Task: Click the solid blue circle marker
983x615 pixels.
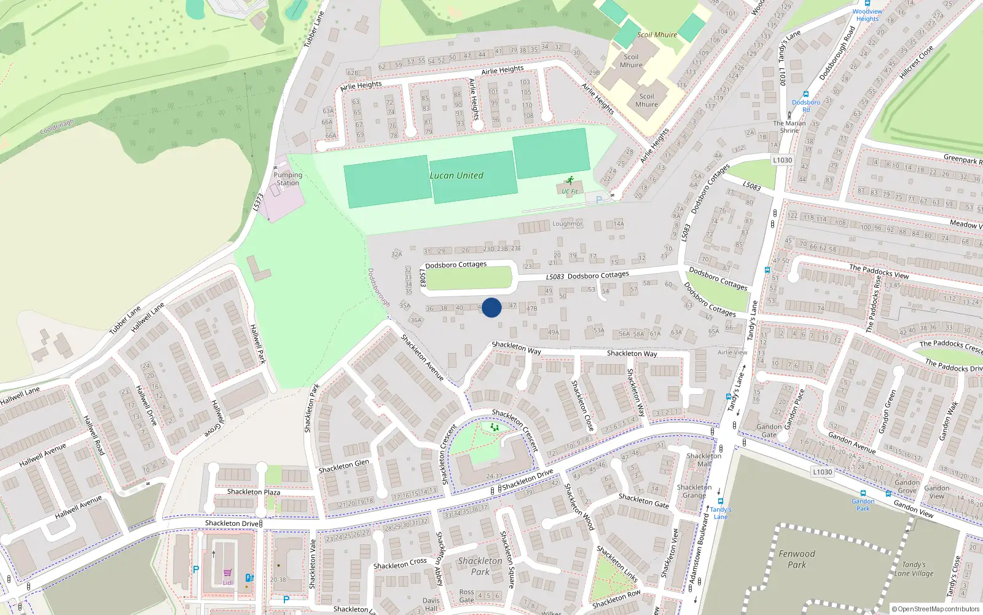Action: [x=491, y=307]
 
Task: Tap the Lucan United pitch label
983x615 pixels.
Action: [x=456, y=176]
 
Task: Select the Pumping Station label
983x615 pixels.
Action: [x=288, y=179]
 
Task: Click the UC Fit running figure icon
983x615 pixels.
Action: [x=570, y=181]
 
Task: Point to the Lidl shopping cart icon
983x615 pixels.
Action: [x=227, y=573]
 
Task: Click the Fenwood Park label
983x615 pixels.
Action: [x=797, y=559]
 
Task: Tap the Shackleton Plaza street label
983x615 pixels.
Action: [x=253, y=492]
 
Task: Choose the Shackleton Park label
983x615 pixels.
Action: [x=480, y=566]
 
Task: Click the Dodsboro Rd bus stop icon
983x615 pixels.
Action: [x=806, y=95]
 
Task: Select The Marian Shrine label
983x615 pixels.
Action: [x=789, y=127]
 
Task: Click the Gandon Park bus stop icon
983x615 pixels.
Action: [x=863, y=493]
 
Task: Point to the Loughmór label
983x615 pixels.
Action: [x=567, y=224]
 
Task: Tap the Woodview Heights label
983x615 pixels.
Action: [x=867, y=15]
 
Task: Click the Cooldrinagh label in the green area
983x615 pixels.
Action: [x=57, y=127]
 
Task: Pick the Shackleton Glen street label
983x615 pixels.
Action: [x=343, y=466]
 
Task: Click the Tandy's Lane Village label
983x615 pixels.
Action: [x=914, y=569]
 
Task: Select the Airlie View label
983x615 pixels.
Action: [x=732, y=352]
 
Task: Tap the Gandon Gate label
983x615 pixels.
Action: [x=769, y=430]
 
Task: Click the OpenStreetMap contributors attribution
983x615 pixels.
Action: [x=935, y=609]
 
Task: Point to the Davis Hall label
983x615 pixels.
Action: [x=431, y=605]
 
